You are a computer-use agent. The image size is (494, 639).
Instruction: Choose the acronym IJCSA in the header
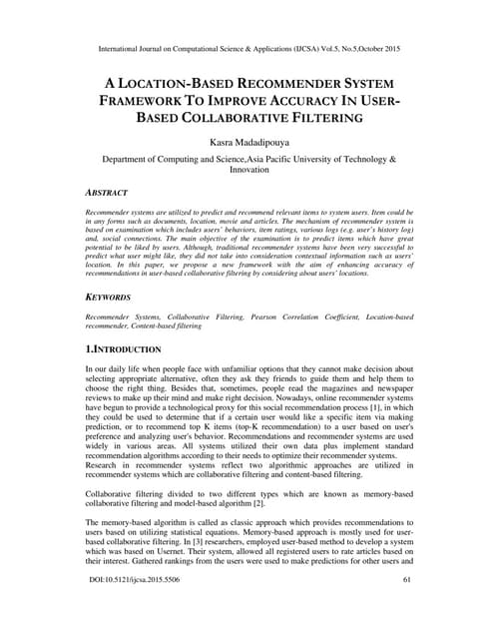[x=299, y=47]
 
